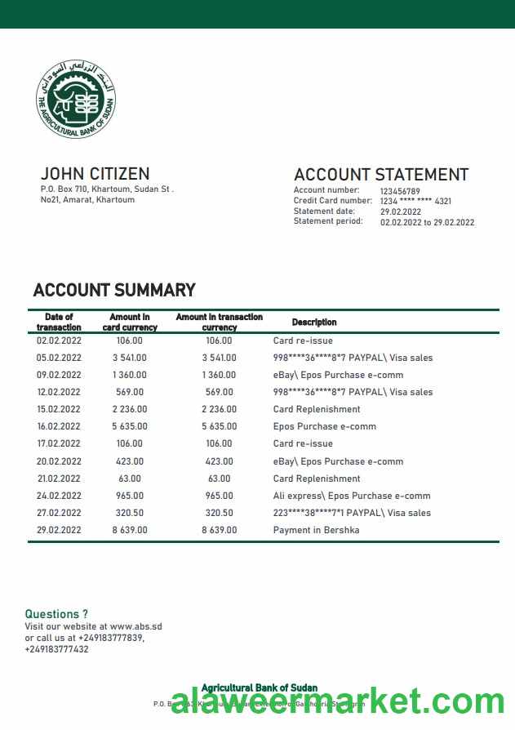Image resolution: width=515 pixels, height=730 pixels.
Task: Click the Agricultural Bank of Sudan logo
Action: point(76,102)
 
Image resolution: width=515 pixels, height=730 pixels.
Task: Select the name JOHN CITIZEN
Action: point(95,174)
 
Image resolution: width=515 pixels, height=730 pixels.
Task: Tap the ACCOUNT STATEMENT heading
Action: point(380,175)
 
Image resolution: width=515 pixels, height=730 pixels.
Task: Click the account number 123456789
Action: point(400,191)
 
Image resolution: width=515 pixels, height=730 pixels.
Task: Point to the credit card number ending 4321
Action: point(415,201)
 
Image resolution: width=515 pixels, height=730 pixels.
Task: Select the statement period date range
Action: point(427,222)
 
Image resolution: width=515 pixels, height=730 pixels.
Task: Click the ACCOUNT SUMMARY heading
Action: point(114,290)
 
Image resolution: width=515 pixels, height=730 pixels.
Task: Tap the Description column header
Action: point(314,323)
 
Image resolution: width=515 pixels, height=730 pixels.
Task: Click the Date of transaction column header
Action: point(59,323)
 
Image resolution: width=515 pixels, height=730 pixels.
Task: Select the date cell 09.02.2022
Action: point(59,375)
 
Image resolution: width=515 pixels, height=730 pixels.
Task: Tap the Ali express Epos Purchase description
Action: point(352,496)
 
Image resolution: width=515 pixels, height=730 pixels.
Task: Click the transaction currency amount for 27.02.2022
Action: point(219,513)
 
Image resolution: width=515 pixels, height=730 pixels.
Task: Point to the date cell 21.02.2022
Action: point(59,479)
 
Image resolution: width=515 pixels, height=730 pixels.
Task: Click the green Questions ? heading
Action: point(56,614)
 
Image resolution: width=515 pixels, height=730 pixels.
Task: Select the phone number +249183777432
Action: point(56,649)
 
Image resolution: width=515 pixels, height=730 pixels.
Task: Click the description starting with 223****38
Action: point(353,513)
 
